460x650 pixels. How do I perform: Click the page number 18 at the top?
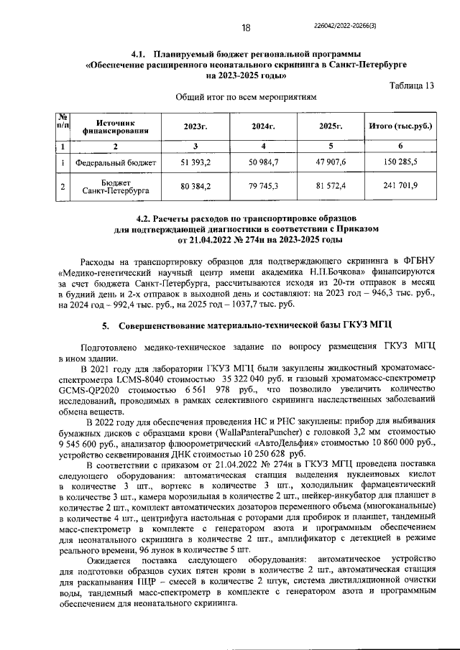(245, 28)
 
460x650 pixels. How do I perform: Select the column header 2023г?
(195, 126)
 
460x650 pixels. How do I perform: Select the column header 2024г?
(264, 126)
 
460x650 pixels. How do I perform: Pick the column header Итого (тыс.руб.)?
(400, 126)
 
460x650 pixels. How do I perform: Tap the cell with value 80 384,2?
(195, 187)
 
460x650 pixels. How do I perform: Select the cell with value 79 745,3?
(264, 187)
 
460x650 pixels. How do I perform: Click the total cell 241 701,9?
(400, 187)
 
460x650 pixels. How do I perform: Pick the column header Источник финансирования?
(115, 126)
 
